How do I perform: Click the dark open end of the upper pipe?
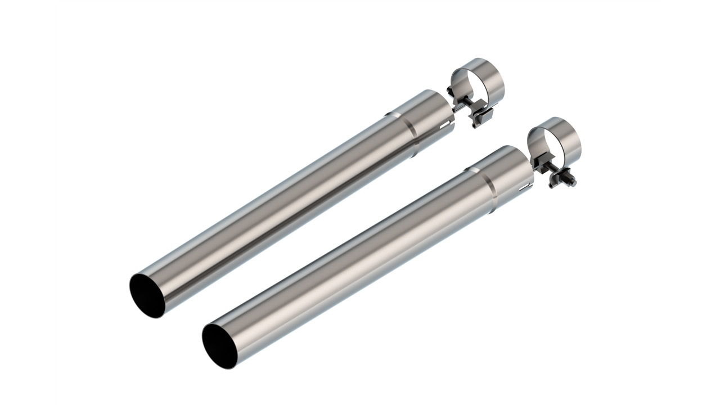[x=148, y=294]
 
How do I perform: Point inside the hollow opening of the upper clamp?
[x=478, y=84]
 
